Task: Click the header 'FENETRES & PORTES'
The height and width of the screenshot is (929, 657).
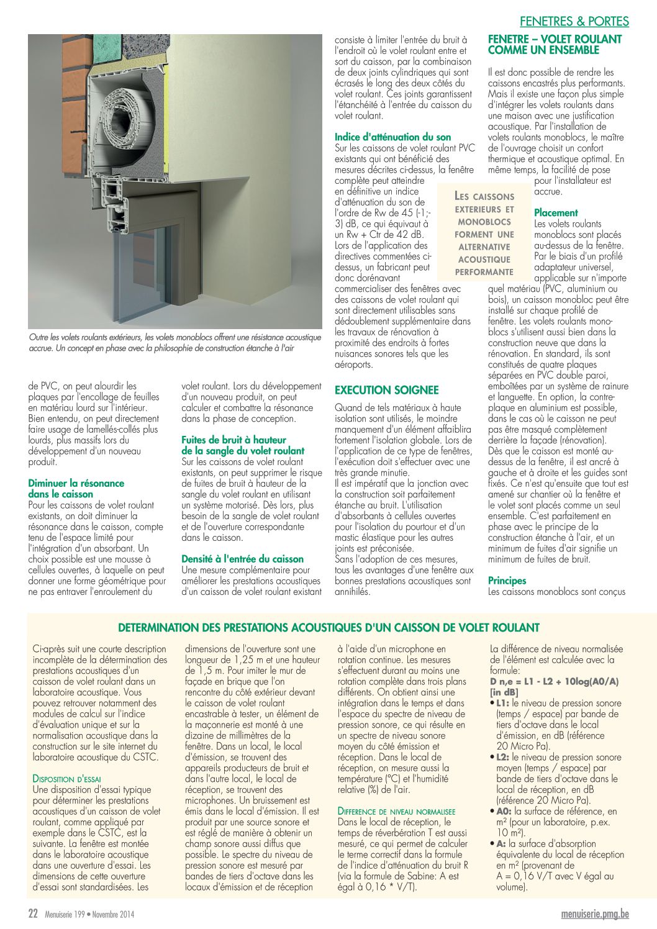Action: click(574, 22)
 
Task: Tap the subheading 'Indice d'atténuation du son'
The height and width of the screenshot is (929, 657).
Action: click(392, 137)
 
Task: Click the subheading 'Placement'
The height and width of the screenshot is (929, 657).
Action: click(556, 212)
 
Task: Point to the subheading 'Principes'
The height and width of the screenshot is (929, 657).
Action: click(507, 581)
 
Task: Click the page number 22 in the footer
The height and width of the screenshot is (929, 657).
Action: click(34, 913)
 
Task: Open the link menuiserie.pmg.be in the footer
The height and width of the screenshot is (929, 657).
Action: click(595, 913)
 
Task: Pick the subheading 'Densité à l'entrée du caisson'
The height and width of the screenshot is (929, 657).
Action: click(242, 559)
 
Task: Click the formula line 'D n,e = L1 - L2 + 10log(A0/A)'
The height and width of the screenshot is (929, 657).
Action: click(555, 681)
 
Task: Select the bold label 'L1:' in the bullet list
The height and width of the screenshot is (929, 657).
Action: click(502, 703)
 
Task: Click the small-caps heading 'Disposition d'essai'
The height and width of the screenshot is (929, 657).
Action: click(66, 779)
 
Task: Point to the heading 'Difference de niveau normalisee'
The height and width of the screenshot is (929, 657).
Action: click(396, 811)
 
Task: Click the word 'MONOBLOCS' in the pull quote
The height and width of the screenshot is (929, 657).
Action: click(484, 222)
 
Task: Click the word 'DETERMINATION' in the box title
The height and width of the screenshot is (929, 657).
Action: click(156, 628)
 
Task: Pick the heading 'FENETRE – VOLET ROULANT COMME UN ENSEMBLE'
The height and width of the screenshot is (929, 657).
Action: click(555, 44)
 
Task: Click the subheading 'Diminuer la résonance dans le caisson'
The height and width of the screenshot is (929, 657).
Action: click(76, 489)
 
